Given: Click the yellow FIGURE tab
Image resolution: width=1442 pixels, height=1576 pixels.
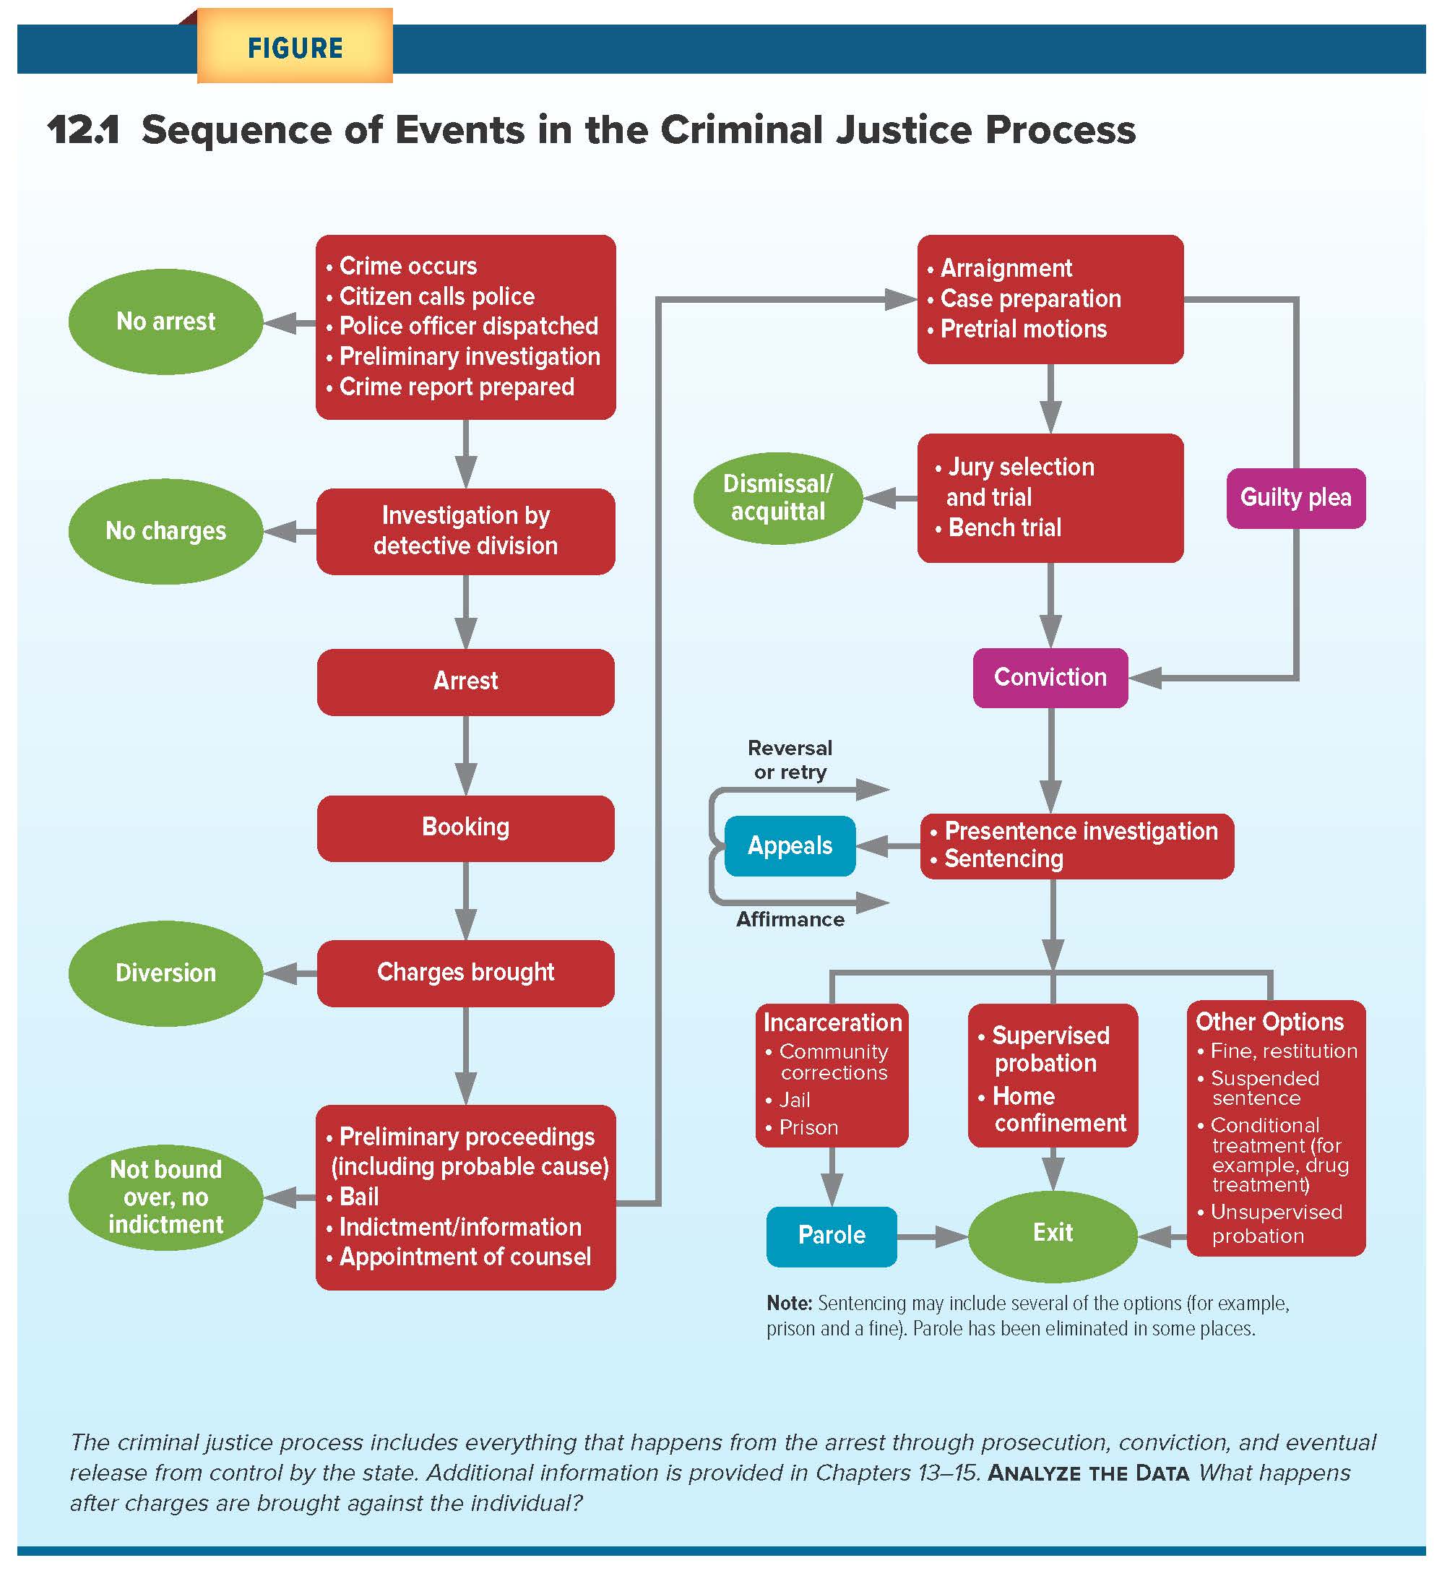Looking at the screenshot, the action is click(295, 46).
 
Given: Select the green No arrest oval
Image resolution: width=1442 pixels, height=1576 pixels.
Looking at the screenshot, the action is click(165, 322).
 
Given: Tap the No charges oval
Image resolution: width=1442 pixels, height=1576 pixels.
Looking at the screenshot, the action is click(165, 531).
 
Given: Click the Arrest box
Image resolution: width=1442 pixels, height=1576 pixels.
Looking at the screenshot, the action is click(466, 681).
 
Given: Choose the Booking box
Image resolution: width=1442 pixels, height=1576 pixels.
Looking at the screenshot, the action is click(466, 828).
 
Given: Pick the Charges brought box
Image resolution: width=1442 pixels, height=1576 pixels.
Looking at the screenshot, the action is click(466, 973).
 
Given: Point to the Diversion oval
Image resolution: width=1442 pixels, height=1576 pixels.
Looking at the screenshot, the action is click(165, 973).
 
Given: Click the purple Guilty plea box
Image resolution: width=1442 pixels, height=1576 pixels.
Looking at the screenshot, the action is click(1295, 498).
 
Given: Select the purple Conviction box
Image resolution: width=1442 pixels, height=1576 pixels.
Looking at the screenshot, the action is click(1050, 678).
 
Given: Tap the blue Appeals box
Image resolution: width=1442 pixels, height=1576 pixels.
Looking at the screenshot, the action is click(790, 846).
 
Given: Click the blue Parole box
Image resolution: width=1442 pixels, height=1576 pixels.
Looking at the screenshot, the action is click(832, 1236).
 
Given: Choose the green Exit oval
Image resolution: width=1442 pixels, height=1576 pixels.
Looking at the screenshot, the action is click(1053, 1234).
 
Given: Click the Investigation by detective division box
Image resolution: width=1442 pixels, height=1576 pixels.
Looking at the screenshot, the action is click(466, 532).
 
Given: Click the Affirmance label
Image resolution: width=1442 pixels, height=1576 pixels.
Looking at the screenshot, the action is click(790, 919).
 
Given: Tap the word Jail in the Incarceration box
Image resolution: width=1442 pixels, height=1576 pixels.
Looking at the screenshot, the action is click(795, 1100).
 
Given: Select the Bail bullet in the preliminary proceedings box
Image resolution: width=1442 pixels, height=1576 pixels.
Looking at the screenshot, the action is click(359, 1196).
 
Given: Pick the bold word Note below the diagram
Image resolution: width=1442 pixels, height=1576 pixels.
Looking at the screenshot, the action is click(790, 1303).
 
